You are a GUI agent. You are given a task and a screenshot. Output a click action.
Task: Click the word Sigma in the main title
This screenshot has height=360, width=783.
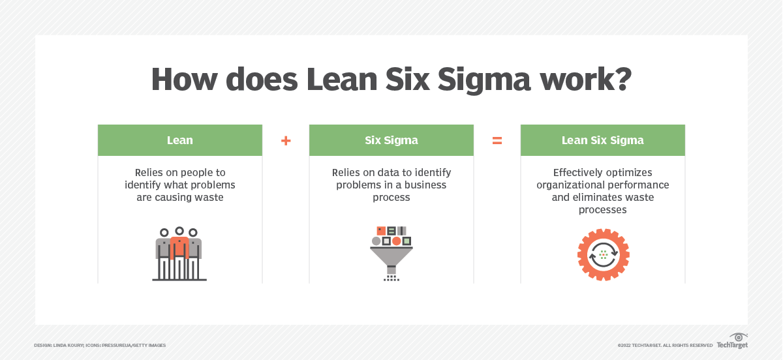point(484,80)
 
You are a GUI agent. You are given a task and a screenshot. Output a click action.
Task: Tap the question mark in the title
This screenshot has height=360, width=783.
point(622,79)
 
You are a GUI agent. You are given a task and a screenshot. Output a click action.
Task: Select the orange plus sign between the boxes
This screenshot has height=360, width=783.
point(286,140)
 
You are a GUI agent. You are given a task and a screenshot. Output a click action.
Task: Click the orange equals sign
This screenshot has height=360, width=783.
point(497,140)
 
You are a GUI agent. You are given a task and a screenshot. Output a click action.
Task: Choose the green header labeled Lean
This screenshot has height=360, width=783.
point(180,140)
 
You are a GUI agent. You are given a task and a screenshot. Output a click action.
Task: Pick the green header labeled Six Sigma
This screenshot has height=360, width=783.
point(391,140)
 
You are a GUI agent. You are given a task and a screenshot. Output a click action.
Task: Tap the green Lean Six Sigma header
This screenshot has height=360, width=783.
point(603,140)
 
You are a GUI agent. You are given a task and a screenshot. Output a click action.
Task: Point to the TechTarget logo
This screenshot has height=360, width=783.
point(732,341)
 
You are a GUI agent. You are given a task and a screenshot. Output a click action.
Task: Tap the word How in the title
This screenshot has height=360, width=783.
point(184,80)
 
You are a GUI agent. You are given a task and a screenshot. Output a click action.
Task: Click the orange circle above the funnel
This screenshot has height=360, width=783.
point(397,241)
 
